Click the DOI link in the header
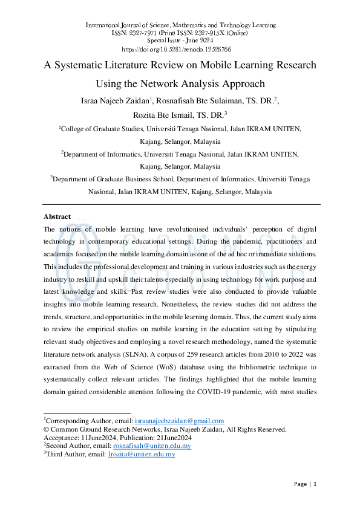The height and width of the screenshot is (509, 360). pyautogui.click(x=180, y=50)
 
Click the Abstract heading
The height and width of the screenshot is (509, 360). pyautogui.click(x=57, y=216)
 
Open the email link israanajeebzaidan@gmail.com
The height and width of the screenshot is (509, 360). pyautogui.click(x=179, y=421)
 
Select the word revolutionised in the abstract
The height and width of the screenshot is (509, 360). pyautogui.click(x=184, y=230)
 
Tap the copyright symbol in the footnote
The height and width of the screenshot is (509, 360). pyautogui.click(x=46, y=429)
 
